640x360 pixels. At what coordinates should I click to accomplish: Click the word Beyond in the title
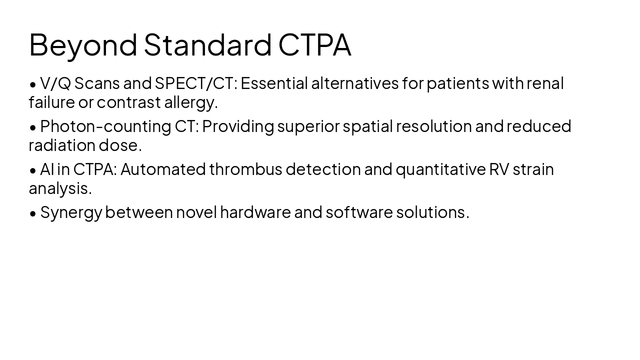pos(83,45)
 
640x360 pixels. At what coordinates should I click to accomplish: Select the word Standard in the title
pos(207,45)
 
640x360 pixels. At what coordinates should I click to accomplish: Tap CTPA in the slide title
pos(314,45)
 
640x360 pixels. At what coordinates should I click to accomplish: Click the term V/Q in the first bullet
pos(55,83)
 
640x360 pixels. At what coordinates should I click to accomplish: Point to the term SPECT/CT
pos(194,83)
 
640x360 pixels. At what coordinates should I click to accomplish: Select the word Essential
pos(274,83)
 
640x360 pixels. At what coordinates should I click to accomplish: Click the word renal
pos(545,83)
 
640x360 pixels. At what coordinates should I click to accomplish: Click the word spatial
pos(367,126)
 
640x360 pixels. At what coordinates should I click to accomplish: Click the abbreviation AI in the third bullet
pos(47,169)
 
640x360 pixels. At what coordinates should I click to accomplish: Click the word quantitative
pos(440,169)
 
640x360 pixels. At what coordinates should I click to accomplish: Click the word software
pos(359,212)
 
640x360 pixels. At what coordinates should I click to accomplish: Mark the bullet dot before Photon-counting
pos(33,127)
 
